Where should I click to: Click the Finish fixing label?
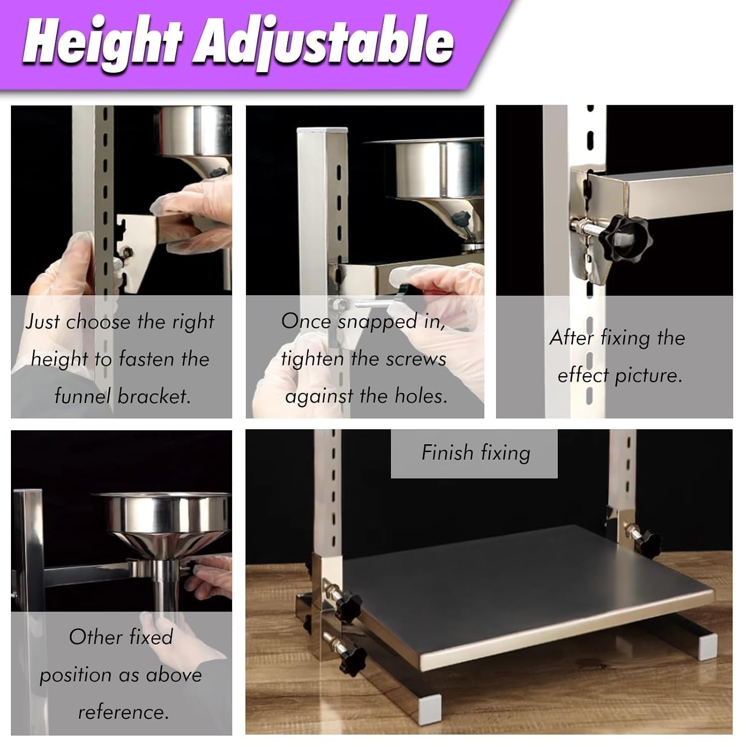pos(476,453)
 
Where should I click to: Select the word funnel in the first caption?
pos(83,396)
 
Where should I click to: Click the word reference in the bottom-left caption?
pos(123,712)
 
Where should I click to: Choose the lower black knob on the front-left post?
pos(352,662)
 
